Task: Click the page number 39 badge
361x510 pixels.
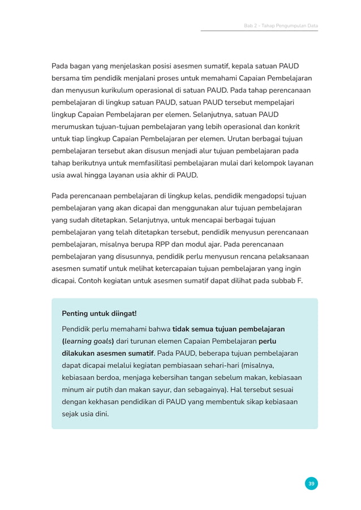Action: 311,483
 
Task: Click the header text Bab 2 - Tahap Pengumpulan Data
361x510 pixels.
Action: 281,25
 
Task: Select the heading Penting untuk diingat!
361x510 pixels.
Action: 99,313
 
